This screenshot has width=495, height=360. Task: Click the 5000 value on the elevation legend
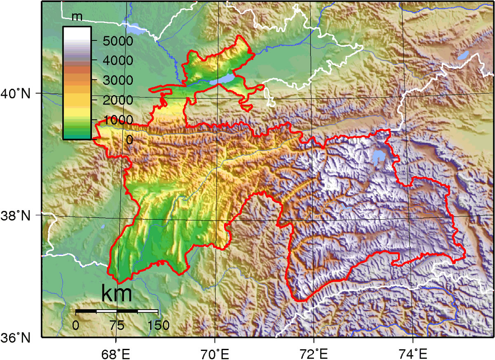click(x=112, y=41)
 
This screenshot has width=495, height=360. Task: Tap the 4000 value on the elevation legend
click(x=112, y=61)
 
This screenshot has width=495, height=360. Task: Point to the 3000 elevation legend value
click(x=112, y=81)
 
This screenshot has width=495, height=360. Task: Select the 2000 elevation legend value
click(x=112, y=100)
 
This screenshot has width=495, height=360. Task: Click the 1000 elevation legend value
click(x=112, y=120)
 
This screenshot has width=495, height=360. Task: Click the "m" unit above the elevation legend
click(x=77, y=17)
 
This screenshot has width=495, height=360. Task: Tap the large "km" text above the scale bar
click(x=117, y=294)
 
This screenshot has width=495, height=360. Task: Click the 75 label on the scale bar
click(x=117, y=325)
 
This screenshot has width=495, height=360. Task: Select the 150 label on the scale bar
click(x=158, y=325)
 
